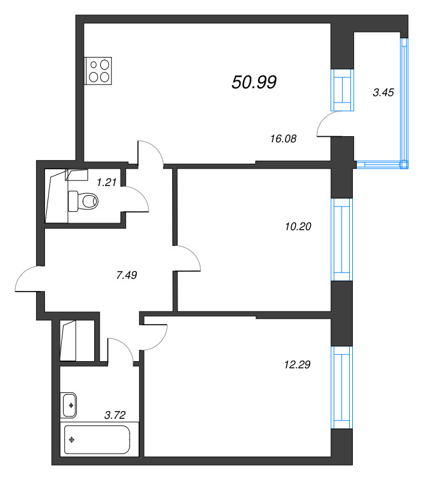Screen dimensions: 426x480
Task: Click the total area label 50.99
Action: (254, 82)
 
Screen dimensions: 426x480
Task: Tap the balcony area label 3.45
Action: (383, 92)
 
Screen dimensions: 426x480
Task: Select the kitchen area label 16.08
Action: (283, 139)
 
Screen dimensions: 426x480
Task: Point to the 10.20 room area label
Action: (298, 227)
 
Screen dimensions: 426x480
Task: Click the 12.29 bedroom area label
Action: (297, 364)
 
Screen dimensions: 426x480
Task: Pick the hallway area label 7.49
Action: (127, 275)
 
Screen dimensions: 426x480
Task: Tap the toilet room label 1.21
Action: (107, 182)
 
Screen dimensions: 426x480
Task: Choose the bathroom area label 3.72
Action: (115, 415)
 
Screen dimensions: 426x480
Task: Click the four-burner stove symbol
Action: (98, 71)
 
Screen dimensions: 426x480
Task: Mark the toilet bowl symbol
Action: (83, 201)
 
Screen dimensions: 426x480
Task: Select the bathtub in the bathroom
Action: (97, 440)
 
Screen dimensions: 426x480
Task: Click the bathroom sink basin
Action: (70, 405)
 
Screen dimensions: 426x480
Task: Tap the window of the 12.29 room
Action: (342, 387)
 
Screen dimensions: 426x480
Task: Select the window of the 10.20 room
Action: (342, 239)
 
